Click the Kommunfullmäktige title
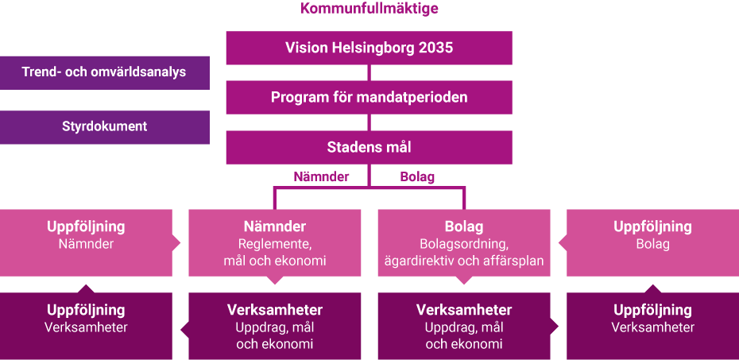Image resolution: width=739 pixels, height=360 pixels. click(x=369, y=9)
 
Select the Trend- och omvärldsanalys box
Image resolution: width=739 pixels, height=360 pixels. click(x=105, y=72)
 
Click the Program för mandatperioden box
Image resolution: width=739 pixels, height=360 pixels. click(x=369, y=98)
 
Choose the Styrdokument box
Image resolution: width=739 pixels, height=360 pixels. click(x=105, y=127)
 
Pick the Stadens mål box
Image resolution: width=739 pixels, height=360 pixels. click(x=369, y=148)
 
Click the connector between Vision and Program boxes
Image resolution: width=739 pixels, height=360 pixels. click(x=369, y=72)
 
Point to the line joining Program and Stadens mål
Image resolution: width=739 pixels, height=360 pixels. click(x=369, y=122)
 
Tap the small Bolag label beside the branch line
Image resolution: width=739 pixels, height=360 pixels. click(x=417, y=177)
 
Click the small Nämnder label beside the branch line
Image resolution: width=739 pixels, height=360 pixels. click(x=322, y=177)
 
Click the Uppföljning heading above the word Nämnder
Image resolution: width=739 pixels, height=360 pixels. click(x=86, y=226)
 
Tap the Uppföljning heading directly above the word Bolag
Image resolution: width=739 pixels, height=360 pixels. click(x=652, y=226)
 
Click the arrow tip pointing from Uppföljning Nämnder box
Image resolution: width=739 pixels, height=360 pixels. click(x=180, y=243)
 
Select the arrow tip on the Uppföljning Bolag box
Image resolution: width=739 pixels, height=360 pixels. click(x=559, y=243)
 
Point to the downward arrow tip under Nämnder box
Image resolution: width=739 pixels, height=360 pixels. click(x=275, y=284)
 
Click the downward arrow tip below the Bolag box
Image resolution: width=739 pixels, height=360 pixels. click(x=464, y=284)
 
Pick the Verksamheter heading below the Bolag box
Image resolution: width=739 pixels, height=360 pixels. click(x=464, y=310)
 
